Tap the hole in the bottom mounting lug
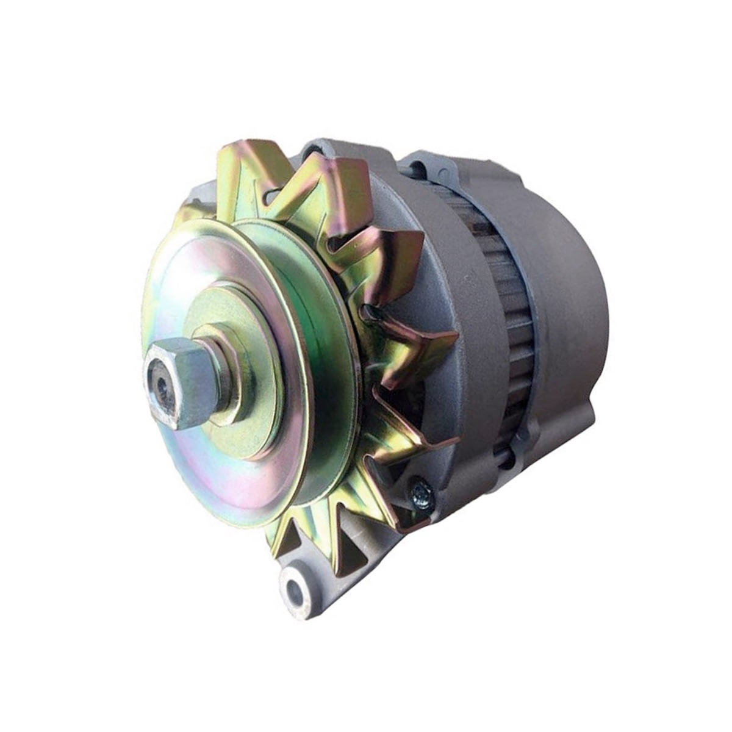pyautogui.click(x=295, y=589)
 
